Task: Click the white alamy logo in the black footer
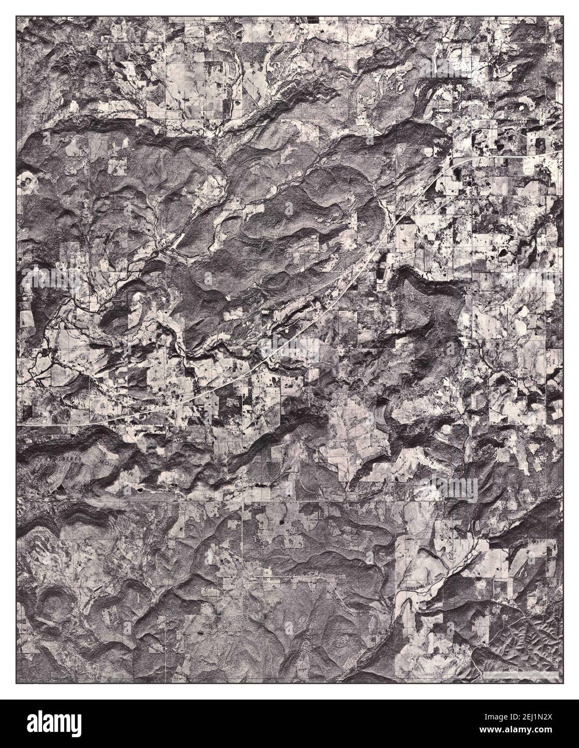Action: click(70, 723)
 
